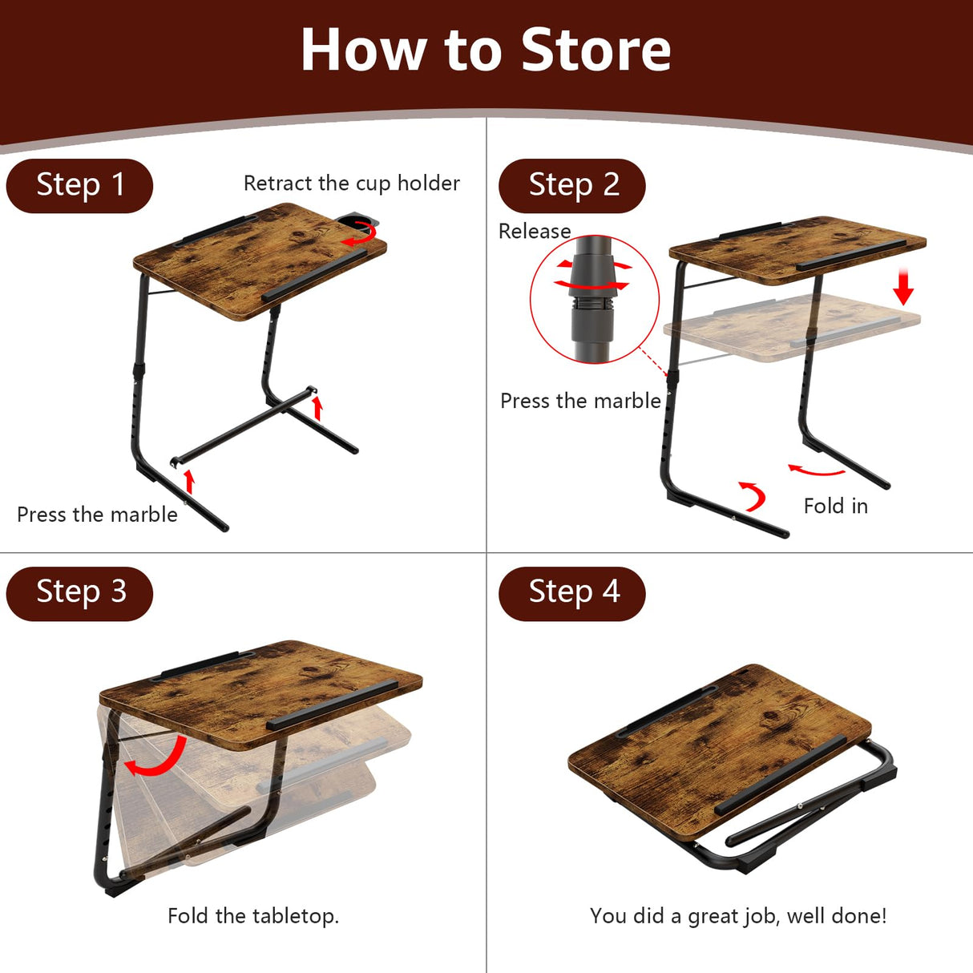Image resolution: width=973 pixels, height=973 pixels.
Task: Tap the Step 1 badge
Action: coord(79,185)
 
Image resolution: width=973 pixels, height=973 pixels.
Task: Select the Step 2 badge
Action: coord(572,185)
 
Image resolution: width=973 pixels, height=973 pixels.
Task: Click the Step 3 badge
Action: coord(79,593)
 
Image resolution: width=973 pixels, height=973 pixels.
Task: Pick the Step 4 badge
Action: coord(572,593)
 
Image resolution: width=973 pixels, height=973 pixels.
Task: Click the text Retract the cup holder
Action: coord(351,184)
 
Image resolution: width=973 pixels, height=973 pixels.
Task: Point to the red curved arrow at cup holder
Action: coord(361,234)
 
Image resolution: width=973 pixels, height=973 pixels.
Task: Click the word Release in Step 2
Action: coord(535,232)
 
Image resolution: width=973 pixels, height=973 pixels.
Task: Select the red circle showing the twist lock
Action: coord(594,299)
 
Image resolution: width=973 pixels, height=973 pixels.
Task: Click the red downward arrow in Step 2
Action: coord(903,287)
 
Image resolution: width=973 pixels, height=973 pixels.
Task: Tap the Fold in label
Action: coord(835,507)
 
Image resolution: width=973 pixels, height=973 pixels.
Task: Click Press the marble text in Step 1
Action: coord(97,515)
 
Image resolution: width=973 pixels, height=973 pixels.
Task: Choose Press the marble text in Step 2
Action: coord(580,401)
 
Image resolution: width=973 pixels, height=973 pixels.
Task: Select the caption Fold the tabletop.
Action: coord(253,916)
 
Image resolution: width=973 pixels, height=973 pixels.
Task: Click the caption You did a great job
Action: coord(737,916)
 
